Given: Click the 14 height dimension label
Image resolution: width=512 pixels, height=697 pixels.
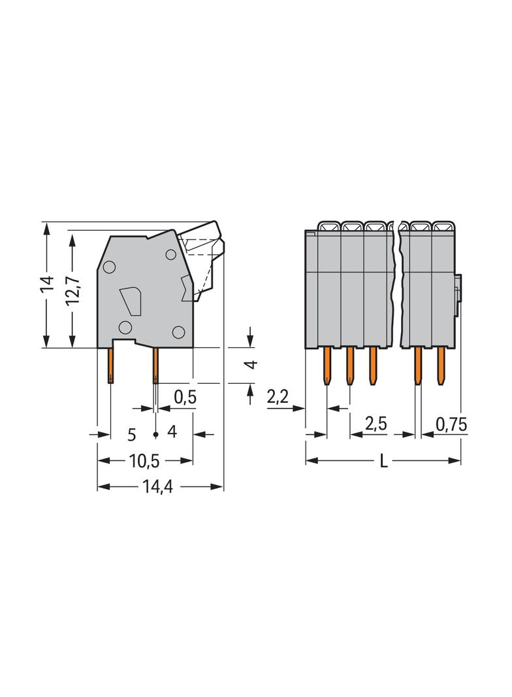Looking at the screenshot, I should point(46,284).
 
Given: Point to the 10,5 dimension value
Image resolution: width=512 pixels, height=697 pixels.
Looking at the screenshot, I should point(144,461).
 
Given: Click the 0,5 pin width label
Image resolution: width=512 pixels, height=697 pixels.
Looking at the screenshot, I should point(185,397).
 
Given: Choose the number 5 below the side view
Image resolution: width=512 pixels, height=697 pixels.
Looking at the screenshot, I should point(131,433).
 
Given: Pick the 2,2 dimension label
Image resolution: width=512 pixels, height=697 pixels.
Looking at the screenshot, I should point(278,397).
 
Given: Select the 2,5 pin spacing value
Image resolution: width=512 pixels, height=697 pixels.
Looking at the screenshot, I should point(376,424).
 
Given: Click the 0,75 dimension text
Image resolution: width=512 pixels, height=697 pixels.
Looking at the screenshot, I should point(451,424).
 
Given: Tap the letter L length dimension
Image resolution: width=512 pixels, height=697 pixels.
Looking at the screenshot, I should point(384,462).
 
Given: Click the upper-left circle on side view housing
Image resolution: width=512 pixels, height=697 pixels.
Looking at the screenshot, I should point(109,267).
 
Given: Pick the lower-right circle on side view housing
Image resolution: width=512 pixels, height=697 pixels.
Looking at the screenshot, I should point(178,332).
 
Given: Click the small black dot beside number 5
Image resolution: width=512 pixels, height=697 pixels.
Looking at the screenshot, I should point(155,434).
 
